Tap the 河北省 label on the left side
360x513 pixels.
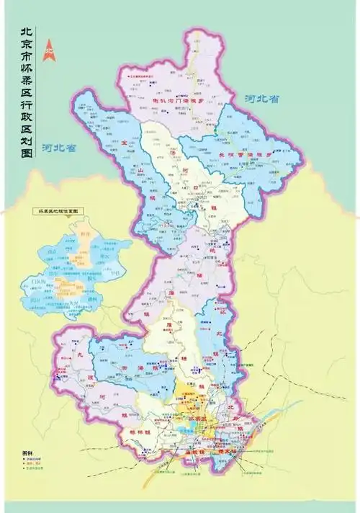tap(59, 148)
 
